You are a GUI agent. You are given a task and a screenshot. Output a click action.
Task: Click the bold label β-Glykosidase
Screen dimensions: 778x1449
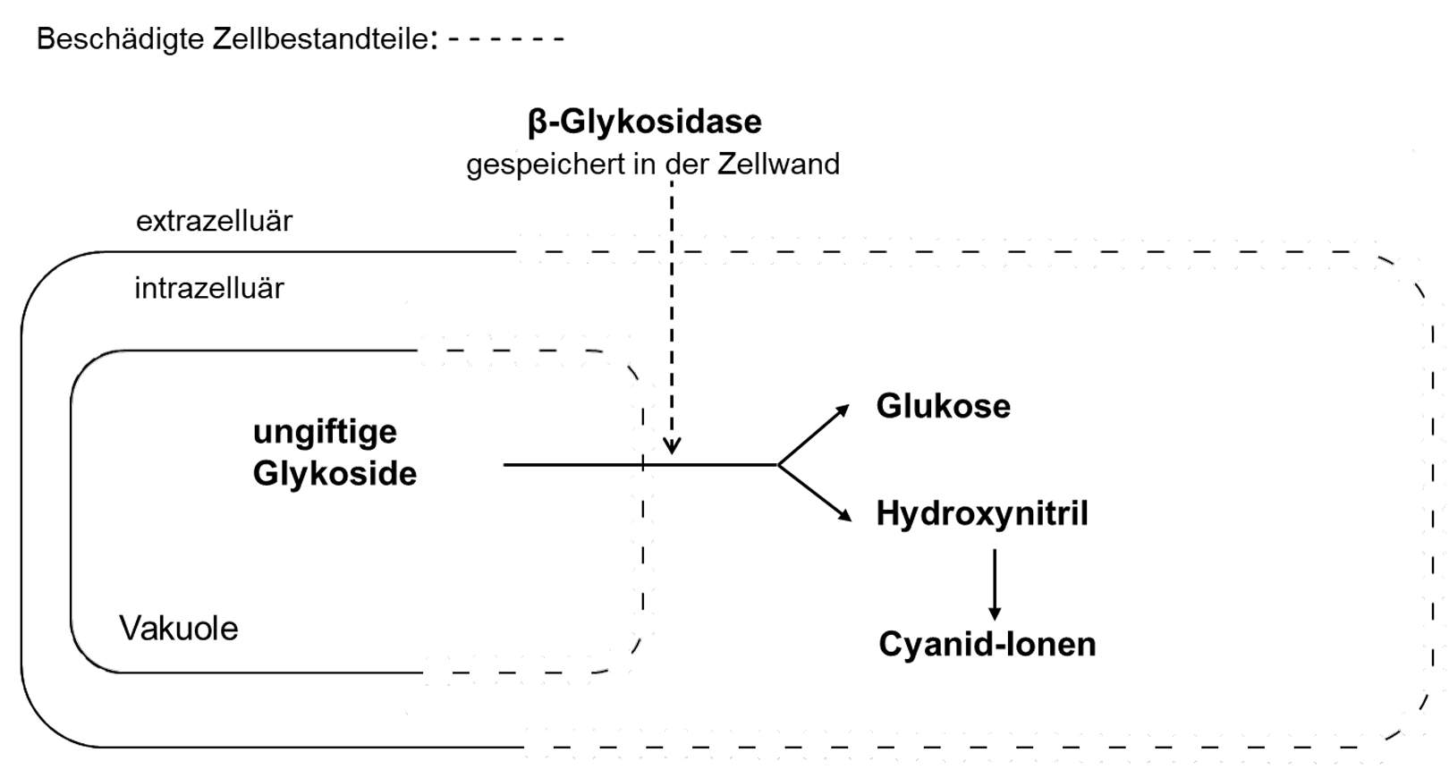click(644, 122)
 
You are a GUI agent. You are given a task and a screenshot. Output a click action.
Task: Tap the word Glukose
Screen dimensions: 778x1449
click(943, 406)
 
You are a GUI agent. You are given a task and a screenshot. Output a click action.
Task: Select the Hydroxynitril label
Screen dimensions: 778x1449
click(981, 513)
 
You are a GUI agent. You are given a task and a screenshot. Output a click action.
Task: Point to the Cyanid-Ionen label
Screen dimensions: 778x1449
click(987, 644)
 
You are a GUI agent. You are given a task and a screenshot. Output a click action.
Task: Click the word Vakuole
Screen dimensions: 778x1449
click(179, 629)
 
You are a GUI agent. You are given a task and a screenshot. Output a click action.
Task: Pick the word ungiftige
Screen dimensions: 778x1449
click(325, 432)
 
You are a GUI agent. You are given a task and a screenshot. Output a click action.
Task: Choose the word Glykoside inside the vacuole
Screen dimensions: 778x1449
click(335, 473)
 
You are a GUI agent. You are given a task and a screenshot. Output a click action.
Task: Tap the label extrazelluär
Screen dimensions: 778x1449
click(214, 221)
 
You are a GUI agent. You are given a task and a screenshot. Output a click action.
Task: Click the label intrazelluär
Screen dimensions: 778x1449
click(209, 288)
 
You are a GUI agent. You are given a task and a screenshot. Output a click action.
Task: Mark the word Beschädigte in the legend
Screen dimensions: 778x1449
click(120, 39)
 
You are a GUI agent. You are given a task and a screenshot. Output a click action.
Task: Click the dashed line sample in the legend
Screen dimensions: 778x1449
click(505, 39)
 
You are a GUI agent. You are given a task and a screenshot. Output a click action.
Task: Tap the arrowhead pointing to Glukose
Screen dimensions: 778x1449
click(843, 410)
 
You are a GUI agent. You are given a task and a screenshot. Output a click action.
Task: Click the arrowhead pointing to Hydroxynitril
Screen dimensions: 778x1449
click(843, 515)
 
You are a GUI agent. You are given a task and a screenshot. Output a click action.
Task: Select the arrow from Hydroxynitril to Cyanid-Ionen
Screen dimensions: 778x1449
click(995, 585)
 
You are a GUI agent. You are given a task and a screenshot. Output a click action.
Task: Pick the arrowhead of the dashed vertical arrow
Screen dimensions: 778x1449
click(672, 446)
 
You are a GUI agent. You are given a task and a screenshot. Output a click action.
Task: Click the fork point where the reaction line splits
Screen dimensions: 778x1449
click(778, 465)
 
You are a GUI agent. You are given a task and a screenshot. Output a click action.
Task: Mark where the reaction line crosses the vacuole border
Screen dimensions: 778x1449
click(642, 465)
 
